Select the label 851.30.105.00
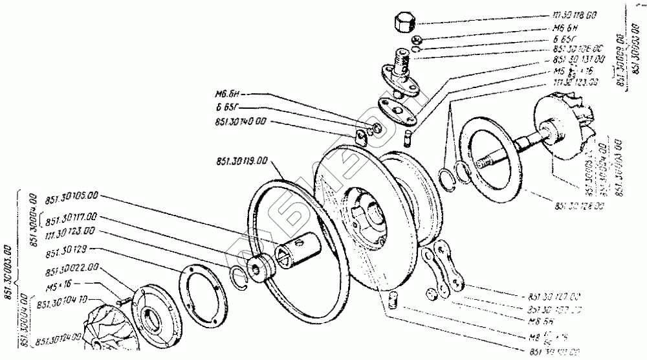pyautogui.click(x=72, y=195)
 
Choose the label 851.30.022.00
pyautogui.click(x=72, y=267)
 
